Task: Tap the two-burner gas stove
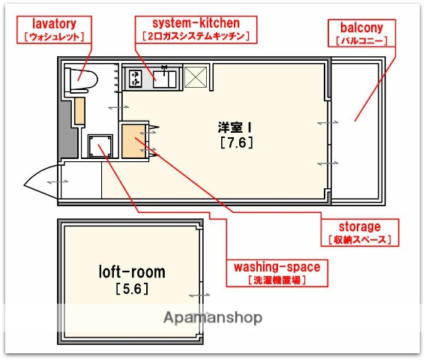coord(137,77)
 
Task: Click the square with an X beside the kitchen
coord(196,77)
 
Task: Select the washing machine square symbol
coord(99,145)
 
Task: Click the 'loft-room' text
coord(132,271)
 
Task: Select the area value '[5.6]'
coord(132,288)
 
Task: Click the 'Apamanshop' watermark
coord(213,317)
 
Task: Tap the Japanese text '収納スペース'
coord(359,240)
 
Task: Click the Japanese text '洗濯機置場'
coord(277,280)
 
